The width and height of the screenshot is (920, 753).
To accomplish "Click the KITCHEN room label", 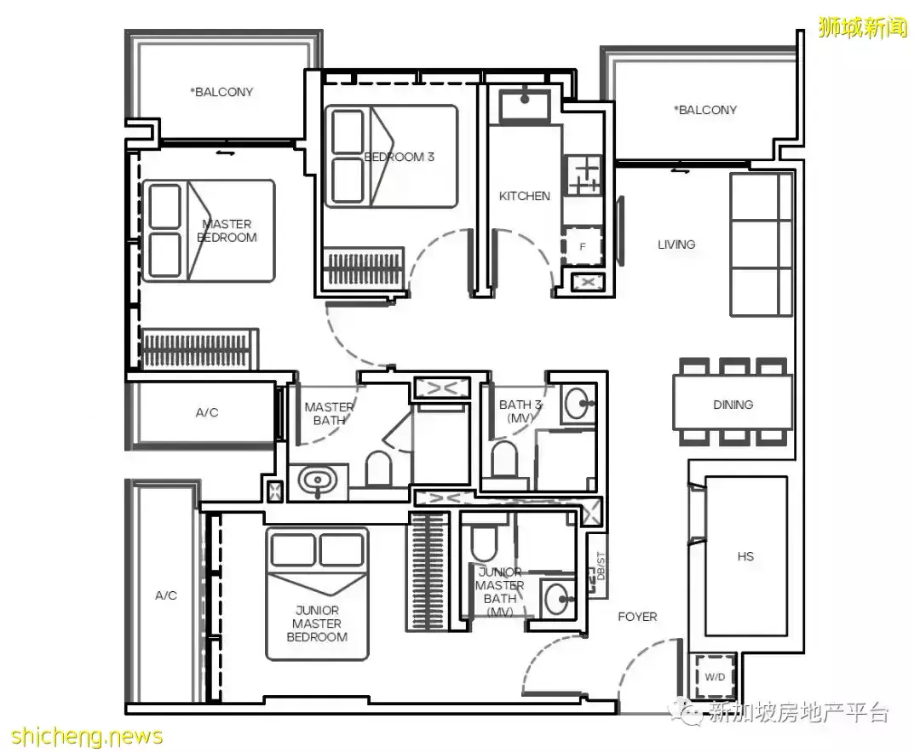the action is point(525,196).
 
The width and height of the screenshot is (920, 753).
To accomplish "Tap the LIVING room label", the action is point(676,244).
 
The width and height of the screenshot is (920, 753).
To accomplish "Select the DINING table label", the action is point(733,405).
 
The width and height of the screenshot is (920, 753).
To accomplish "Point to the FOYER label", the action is point(637,617).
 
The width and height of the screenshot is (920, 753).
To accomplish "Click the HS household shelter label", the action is point(745,555).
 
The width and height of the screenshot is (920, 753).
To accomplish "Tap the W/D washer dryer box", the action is point(714,676).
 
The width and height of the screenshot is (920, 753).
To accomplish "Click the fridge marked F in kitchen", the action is point(582,246).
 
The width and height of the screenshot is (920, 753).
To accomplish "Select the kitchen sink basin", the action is point(525,105).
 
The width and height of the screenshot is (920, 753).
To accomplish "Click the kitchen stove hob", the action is point(583,175).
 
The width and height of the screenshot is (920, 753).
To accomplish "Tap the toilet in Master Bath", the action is point(378,469).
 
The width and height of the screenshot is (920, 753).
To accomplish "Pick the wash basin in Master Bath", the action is point(318,482).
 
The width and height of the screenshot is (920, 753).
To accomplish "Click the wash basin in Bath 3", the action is point(578,404).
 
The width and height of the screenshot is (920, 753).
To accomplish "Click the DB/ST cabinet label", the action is point(600,566).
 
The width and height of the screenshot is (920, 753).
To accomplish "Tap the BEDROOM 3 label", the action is point(399,157).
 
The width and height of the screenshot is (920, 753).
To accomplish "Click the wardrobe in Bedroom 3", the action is point(364,267).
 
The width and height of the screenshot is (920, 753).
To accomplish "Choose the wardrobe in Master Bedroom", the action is point(198,348).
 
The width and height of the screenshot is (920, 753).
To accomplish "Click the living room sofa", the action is point(761,244).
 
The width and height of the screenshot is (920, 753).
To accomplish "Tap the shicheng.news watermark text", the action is point(87,736).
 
